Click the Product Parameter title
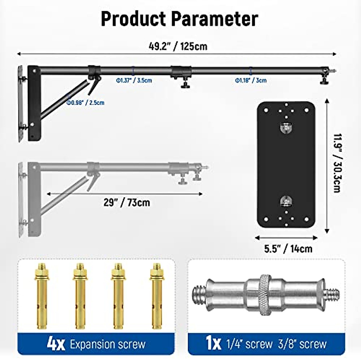(179, 19)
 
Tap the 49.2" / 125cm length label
(178, 46)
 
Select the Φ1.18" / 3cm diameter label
(251, 80)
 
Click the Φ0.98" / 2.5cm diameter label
(85, 103)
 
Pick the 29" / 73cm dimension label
(127, 202)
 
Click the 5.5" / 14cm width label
(288, 249)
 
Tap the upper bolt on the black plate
(286, 128)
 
